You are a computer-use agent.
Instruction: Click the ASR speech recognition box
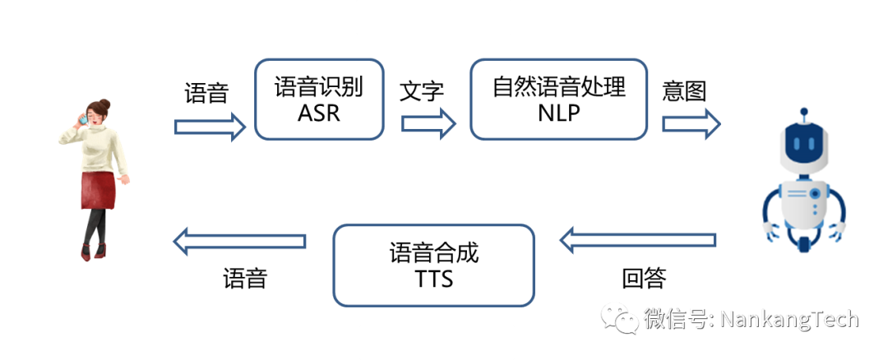tap(319, 99)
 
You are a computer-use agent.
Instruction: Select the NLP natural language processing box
tap(558, 99)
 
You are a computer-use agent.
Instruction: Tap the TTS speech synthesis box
tap(433, 264)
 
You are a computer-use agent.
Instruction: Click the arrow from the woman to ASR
tap(210, 126)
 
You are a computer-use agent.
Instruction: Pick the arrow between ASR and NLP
tap(428, 123)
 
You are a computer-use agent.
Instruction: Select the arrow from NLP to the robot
tap(691, 123)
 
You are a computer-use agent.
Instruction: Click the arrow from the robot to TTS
tap(637, 240)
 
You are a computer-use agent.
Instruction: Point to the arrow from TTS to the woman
tap(239, 242)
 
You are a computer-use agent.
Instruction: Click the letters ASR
tap(319, 113)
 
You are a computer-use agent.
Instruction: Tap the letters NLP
tap(558, 113)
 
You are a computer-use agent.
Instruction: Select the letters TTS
tap(433, 279)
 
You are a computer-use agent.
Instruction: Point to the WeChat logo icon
tap(618, 317)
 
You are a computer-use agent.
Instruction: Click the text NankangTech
tap(789, 318)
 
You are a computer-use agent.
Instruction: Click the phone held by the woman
tap(83, 120)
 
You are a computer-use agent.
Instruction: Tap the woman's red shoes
tap(93, 252)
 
